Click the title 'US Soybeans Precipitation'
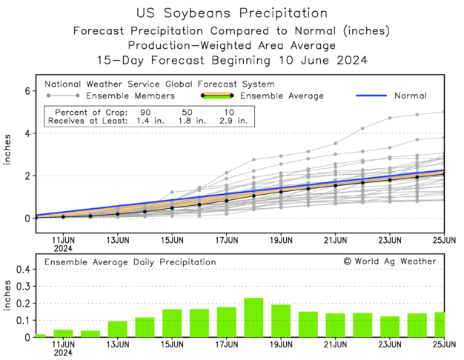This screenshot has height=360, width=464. [x=232, y=13]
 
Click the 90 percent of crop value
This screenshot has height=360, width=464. [x=149, y=110]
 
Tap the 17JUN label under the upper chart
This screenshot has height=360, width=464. [x=227, y=240]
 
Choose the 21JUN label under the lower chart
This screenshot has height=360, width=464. [x=336, y=344]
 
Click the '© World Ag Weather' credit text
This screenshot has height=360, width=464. [x=390, y=261]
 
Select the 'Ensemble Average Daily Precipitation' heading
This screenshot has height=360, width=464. [x=130, y=261]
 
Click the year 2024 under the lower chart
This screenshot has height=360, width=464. [x=63, y=353]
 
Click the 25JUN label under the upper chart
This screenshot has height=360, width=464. [x=443, y=240]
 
